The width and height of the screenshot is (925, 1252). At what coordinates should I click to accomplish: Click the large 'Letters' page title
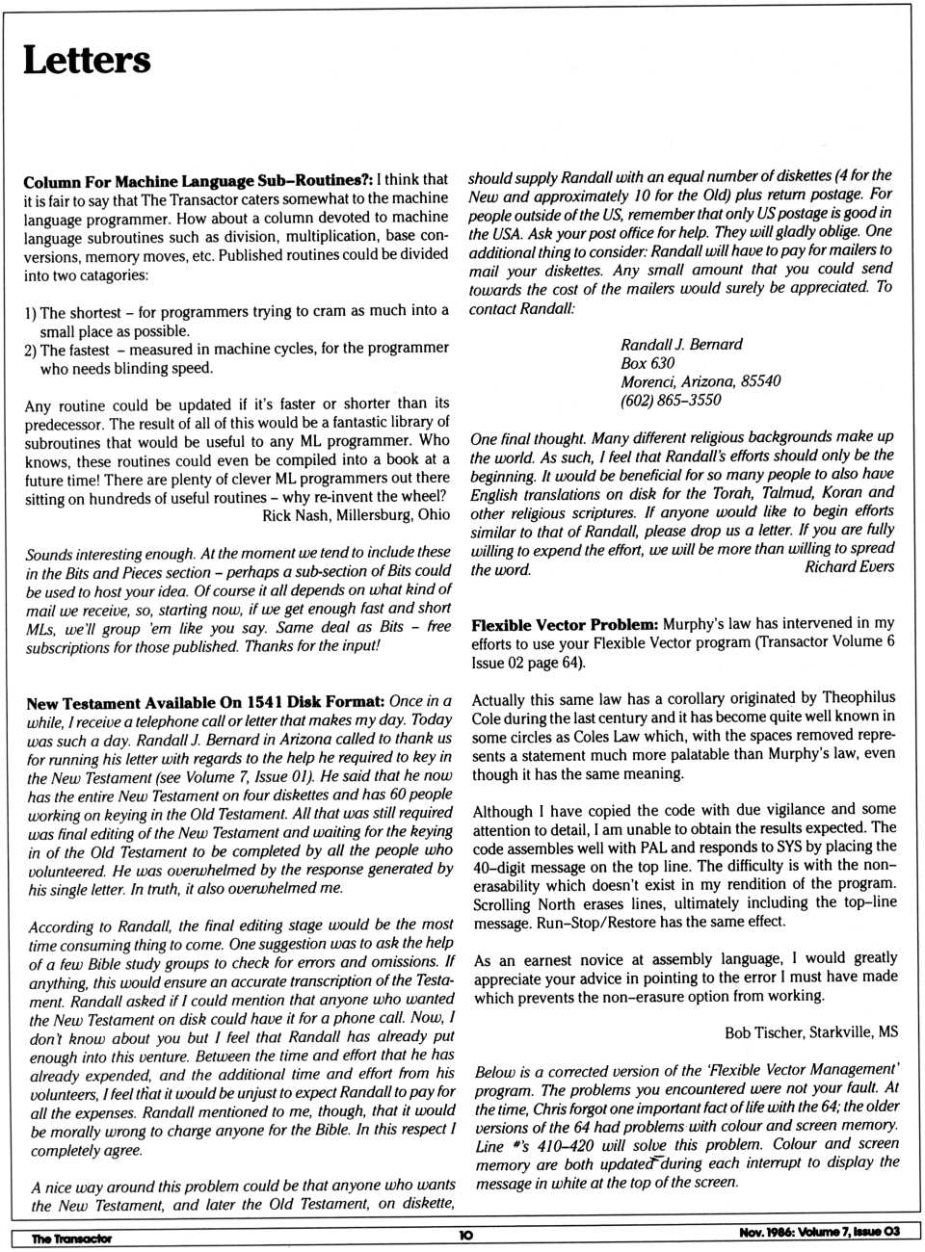tap(87, 60)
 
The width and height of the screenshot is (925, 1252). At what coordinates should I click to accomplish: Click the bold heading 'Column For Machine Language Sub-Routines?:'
tap(198, 181)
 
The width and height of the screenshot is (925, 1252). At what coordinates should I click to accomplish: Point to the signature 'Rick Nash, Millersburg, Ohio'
tap(356, 515)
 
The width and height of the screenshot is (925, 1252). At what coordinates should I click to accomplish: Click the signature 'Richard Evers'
tap(849, 566)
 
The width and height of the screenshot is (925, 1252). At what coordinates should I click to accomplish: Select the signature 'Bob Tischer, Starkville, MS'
tap(810, 1032)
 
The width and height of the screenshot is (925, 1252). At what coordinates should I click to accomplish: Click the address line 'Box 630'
tap(647, 363)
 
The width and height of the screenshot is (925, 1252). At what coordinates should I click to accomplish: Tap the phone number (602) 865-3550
tap(670, 400)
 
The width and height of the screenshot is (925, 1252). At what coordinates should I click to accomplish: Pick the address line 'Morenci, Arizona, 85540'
tap(700, 381)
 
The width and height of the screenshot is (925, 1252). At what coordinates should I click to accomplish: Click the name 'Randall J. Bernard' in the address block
tap(681, 344)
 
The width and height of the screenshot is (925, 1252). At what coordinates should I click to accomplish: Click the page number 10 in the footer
tap(465, 1235)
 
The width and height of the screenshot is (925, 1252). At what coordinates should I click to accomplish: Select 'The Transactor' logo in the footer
tap(71, 1239)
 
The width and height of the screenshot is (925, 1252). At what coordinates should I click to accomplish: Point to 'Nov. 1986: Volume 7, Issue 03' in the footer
tap(819, 1232)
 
